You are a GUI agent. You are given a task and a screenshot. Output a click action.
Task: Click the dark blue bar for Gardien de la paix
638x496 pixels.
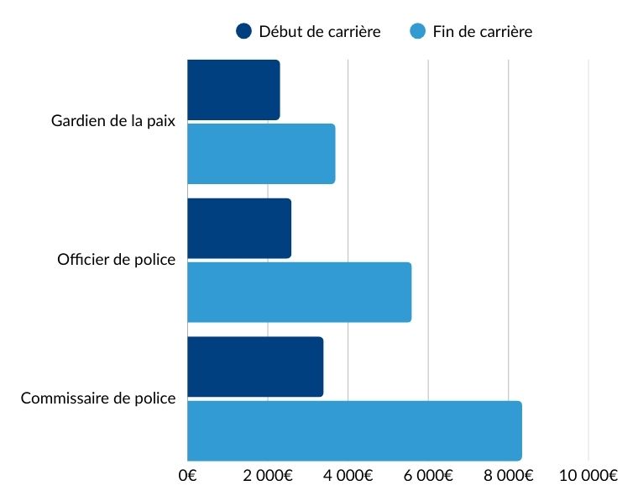pos(233,90)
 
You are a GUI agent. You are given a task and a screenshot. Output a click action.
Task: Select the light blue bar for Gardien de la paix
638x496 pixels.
pos(260,154)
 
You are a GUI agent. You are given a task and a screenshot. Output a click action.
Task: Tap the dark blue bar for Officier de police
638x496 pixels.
pos(238,229)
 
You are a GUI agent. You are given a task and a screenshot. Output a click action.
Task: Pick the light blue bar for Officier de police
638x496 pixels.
pos(299,292)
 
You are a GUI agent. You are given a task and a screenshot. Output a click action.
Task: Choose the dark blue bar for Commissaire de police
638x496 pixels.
pos(254,367)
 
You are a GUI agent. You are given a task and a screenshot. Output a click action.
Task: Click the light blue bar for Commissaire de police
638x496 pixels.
pos(353,430)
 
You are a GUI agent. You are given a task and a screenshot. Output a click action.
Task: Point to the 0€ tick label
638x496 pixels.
pos(187,475)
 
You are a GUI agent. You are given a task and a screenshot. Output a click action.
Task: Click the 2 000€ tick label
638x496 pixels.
pos(267,475)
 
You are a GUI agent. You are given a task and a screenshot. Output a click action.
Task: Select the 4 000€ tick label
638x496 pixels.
pos(348,475)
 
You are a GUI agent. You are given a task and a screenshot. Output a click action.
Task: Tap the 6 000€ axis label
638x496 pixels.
pos(427,475)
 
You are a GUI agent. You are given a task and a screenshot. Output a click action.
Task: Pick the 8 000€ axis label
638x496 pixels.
pos(508,475)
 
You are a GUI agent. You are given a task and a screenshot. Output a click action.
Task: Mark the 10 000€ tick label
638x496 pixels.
pos(588,475)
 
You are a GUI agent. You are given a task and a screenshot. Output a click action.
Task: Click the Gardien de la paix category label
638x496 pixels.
pos(112,121)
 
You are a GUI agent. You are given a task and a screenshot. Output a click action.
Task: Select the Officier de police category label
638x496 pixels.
pos(116,260)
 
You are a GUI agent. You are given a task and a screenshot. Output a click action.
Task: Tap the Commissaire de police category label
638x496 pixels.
pos(97,398)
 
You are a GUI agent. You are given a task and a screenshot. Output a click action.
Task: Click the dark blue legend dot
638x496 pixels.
pos(244,32)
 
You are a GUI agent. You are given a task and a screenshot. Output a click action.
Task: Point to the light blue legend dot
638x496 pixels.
pos(417,32)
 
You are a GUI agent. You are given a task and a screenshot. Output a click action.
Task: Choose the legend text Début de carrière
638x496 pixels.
pos(320,32)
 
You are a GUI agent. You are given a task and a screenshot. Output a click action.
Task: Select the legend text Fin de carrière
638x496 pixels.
pos(483,32)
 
